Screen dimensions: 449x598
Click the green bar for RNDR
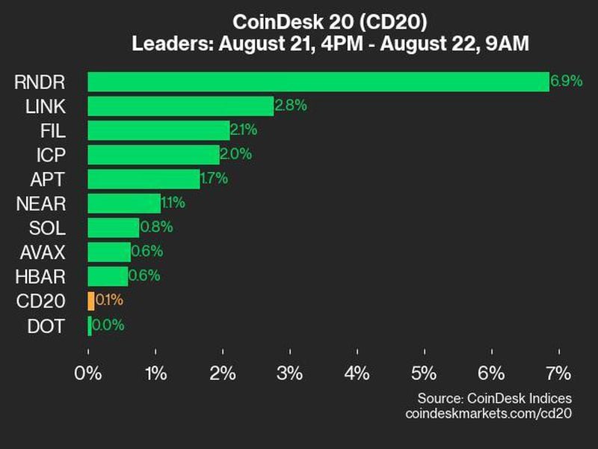tap(318, 82)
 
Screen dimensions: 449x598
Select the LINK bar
tap(180, 106)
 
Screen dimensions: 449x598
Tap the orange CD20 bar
tap(90, 301)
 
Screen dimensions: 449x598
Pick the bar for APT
tap(143, 179)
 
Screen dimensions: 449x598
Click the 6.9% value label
tap(566, 81)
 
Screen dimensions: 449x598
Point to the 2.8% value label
tap(291, 106)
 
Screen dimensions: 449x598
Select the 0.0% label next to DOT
tap(108, 326)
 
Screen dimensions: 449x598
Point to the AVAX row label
tap(43, 252)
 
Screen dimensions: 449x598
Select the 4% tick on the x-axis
tap(357, 373)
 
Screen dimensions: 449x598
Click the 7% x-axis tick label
tap(558, 373)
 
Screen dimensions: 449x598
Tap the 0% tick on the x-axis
tap(88, 373)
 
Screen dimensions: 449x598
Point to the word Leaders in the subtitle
tap(172, 44)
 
